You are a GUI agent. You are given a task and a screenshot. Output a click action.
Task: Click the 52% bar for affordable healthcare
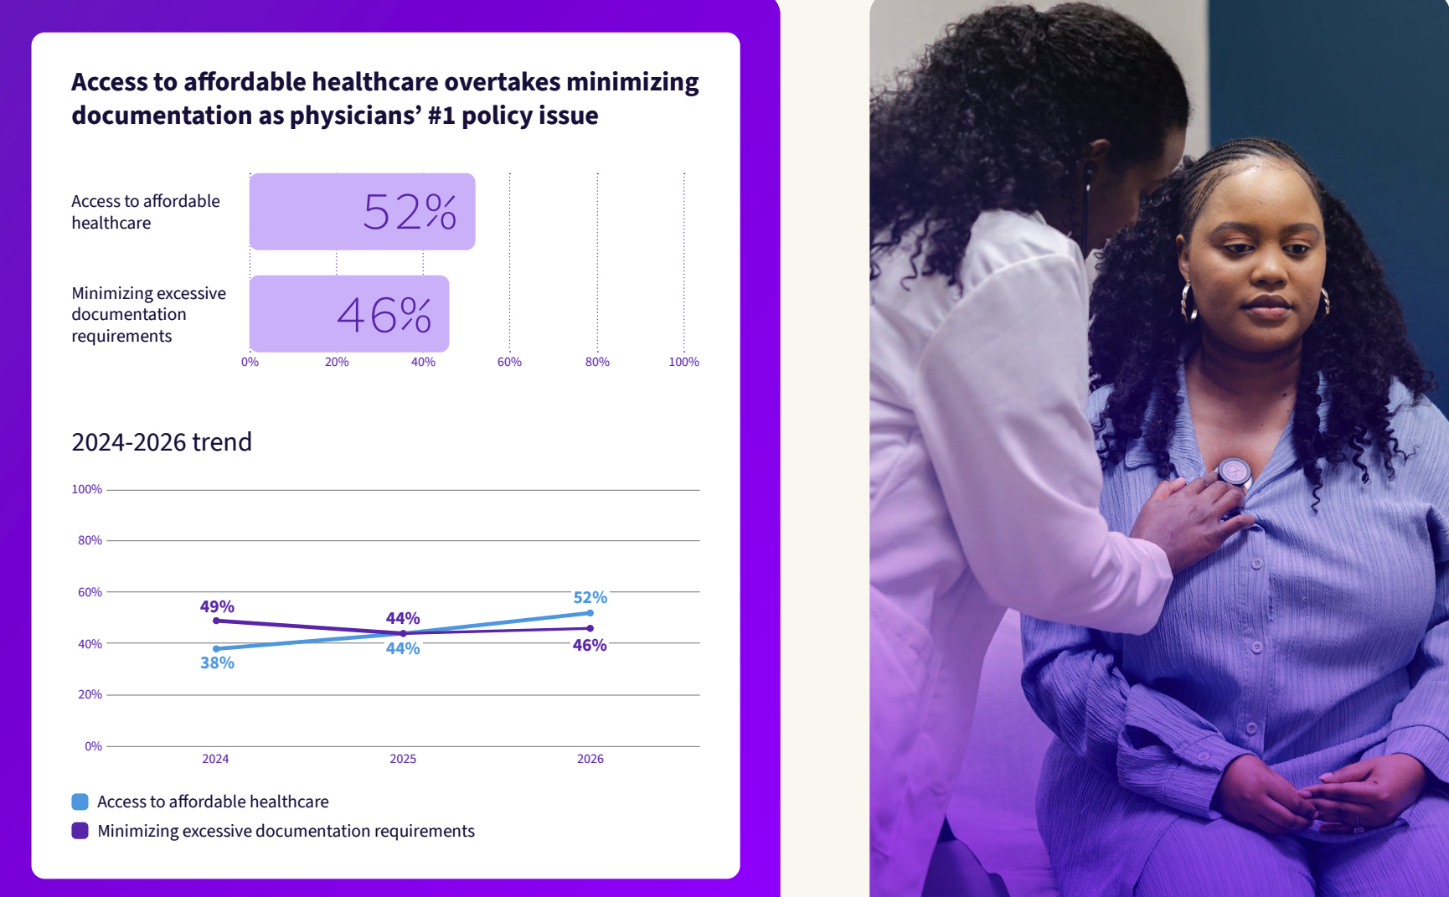[x=362, y=211]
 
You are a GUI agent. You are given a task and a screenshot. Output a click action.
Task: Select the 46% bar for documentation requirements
[x=349, y=314]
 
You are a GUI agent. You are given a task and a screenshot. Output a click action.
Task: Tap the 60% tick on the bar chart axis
[x=509, y=362]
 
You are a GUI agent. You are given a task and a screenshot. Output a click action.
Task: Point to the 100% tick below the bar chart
[x=683, y=362]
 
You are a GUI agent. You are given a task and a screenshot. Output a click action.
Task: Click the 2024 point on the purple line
[x=216, y=621]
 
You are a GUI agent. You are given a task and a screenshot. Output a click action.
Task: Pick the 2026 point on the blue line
[x=590, y=613]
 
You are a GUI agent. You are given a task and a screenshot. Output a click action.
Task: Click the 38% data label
[x=217, y=663]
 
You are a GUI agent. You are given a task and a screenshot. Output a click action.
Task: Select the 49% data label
[x=217, y=606]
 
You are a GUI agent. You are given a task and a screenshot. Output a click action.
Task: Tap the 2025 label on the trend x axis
[x=403, y=759]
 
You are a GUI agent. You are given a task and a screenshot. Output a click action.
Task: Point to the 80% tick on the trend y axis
[x=90, y=541]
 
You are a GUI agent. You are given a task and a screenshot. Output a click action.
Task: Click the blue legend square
[x=80, y=802]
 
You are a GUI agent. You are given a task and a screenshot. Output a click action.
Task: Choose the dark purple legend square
[x=80, y=831]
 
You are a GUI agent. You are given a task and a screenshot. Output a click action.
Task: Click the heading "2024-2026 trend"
[x=162, y=442]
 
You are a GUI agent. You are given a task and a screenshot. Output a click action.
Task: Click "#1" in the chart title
[x=441, y=116]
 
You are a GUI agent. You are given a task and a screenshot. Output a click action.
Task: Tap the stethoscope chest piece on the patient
[x=1234, y=472]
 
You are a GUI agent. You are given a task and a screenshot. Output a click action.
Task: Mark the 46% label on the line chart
[x=590, y=646]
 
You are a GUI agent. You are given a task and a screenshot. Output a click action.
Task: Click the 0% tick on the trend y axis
[x=93, y=746]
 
